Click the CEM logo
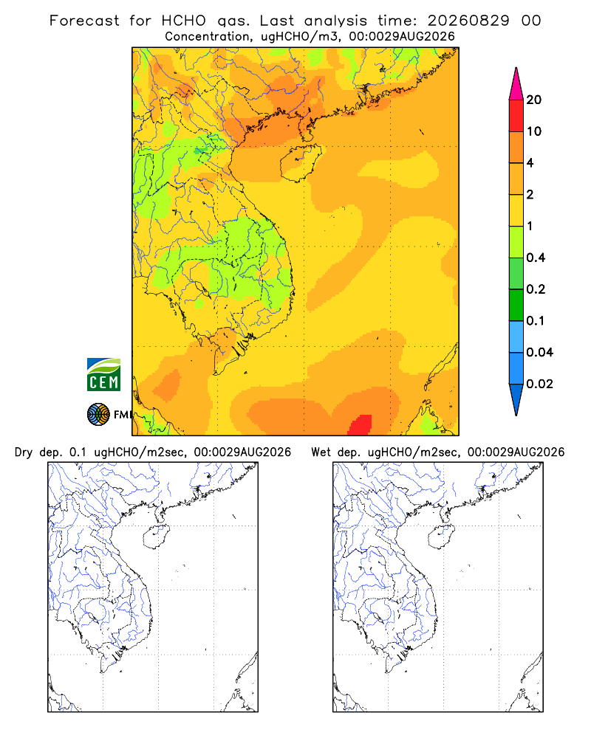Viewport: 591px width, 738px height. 103,375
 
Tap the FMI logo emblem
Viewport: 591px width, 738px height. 98,415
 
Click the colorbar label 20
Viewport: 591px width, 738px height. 534,100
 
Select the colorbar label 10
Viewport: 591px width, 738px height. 534,131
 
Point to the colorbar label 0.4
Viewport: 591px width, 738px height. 536,258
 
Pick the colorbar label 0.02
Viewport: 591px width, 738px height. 539,384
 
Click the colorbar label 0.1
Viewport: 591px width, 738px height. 536,320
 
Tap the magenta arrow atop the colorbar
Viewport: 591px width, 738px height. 516,84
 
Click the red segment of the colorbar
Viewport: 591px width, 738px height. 516,116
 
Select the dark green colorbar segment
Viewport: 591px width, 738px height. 516,305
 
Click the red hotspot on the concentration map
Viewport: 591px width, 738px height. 361,426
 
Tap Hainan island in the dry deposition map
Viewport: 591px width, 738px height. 156,537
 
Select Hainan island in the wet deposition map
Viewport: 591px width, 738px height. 441,537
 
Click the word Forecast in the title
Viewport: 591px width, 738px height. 84,21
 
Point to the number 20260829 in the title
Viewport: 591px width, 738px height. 468,21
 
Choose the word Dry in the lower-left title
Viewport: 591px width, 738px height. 24,452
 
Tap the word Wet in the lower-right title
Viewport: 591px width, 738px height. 321,452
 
